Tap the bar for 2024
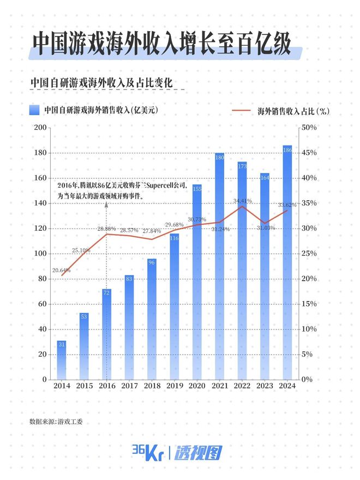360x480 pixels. click(x=287, y=262)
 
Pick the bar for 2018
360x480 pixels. click(x=152, y=319)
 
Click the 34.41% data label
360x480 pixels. click(x=243, y=201)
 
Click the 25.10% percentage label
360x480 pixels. click(x=81, y=250)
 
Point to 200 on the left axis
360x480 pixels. click(x=40, y=128)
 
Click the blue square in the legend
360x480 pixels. click(x=34, y=110)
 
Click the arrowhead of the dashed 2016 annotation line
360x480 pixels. click(x=107, y=204)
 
